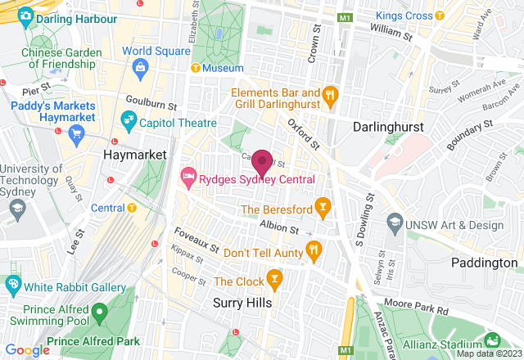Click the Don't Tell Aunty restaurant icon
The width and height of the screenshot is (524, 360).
pos(312,249)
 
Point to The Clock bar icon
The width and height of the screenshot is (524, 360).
pos(274,281)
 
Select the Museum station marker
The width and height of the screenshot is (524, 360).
pos(195,68)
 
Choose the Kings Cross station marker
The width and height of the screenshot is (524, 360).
pos(440,16)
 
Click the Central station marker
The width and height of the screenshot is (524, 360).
pos(132,208)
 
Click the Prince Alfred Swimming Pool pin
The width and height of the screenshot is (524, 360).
pos(98,312)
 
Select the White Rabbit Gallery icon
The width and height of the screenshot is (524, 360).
pos(12,286)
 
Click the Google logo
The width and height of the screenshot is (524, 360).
pos(28,350)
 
